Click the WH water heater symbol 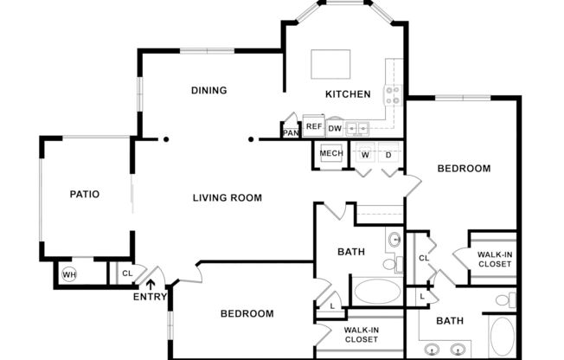69,276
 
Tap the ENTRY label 151,298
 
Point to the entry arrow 151,283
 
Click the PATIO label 85,195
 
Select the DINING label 208,90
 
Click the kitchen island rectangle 330,64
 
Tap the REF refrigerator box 313,126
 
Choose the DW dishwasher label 334,129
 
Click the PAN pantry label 291,132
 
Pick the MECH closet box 331,154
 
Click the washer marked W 365,155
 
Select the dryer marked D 388,155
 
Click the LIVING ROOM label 227,198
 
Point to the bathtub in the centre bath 377,290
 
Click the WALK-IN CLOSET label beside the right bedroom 494,259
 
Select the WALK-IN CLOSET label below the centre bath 361,335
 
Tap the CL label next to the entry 126,274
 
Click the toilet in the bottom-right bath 503,300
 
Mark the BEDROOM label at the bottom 247,313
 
